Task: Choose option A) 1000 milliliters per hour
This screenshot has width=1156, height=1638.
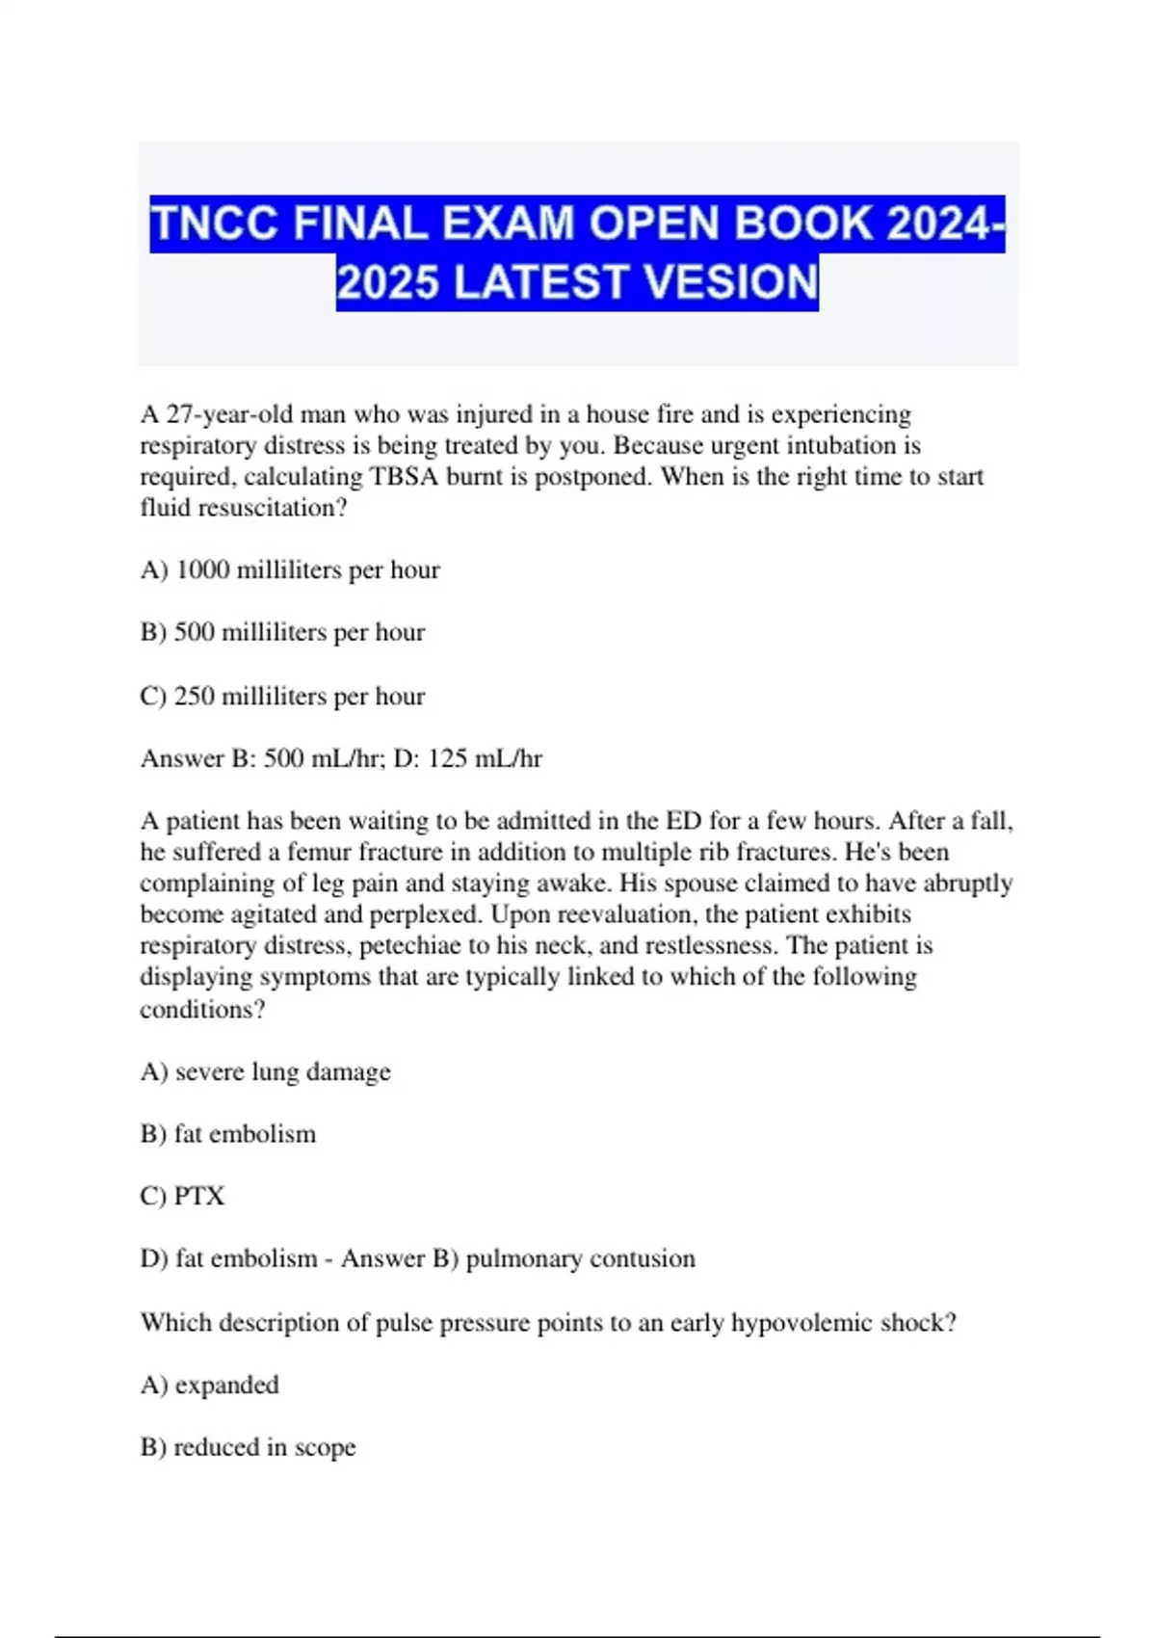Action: (290, 569)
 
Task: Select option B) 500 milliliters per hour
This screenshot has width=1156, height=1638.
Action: (282, 632)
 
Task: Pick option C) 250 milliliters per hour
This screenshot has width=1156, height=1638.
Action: (282, 696)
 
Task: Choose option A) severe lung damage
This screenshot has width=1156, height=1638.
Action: (266, 1071)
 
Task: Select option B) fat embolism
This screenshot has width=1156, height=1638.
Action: (228, 1134)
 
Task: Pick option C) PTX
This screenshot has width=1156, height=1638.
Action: (182, 1196)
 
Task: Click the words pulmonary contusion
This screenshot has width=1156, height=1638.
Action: (580, 1258)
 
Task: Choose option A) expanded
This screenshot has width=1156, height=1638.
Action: (210, 1385)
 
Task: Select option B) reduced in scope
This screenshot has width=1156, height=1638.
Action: (248, 1447)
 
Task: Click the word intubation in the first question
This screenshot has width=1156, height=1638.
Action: (839, 445)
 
